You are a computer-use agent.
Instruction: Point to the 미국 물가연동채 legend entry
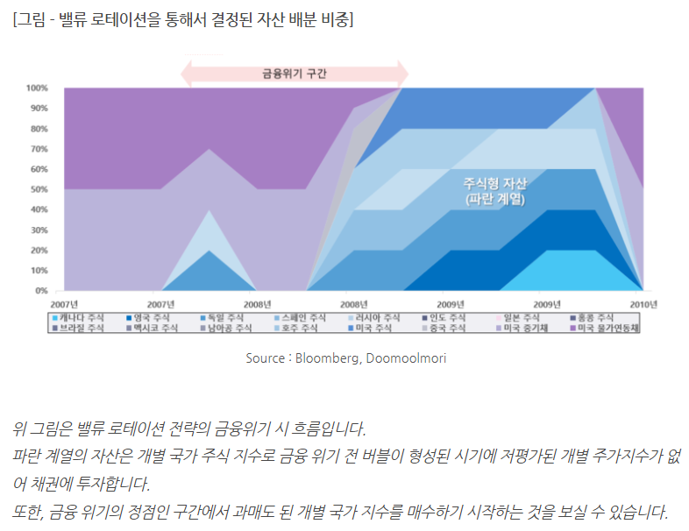point(605,329)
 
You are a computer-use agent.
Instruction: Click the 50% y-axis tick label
point(39,189)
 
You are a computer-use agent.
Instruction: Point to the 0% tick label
point(41,290)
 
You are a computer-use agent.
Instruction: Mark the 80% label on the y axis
point(39,129)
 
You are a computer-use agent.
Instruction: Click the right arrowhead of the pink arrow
point(402,74)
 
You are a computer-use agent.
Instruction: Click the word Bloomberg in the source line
point(326,358)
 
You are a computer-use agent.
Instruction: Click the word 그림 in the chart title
point(32,18)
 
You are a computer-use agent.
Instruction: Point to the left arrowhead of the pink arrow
point(186,74)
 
